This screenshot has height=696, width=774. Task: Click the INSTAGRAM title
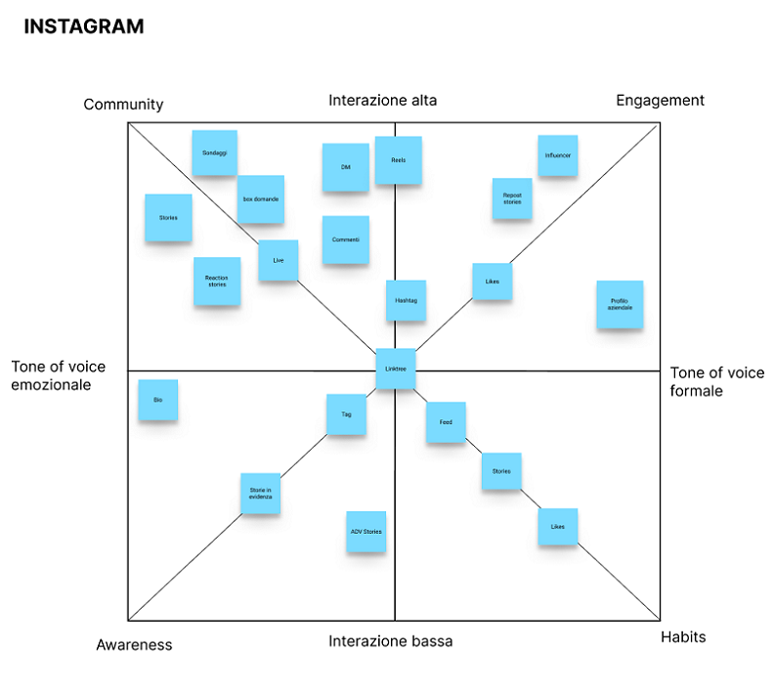[83, 26]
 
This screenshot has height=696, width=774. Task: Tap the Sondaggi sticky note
[214, 153]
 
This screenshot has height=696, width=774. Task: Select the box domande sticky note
[261, 199]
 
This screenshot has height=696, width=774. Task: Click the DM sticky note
[346, 167]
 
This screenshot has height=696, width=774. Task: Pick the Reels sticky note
[398, 160]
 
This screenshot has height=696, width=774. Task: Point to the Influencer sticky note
[557, 155]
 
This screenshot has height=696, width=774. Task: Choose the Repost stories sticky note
[512, 198]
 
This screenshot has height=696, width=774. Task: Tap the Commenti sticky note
[346, 239]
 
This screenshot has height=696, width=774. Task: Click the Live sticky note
[279, 261]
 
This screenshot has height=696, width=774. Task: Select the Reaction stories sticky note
[217, 282]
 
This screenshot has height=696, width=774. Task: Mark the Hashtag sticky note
[406, 301]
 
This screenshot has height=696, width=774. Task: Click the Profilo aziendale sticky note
[621, 305]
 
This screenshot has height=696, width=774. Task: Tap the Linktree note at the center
[396, 369]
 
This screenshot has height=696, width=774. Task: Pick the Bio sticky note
[158, 400]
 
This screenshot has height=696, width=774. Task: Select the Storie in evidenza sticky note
[261, 494]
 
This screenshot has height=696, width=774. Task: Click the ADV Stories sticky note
[365, 532]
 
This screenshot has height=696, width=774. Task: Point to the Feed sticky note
[446, 422]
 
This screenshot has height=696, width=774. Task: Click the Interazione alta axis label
[383, 101]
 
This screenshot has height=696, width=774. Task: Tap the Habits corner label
[683, 637]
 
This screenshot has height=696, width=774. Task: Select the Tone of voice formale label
[717, 382]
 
